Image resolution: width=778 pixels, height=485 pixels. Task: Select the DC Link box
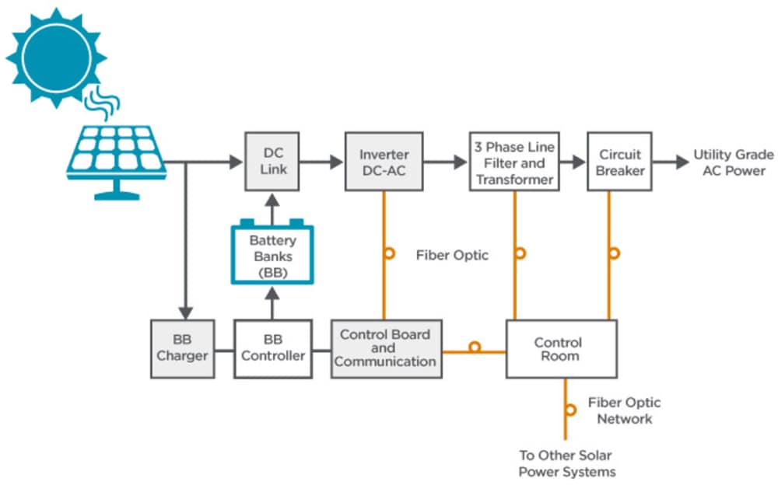pyautogui.click(x=272, y=162)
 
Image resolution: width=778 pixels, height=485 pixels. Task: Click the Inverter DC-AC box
pyautogui.click(x=384, y=162)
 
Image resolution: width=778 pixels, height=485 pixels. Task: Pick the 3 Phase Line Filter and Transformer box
pyautogui.click(x=514, y=162)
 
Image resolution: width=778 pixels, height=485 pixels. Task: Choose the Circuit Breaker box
pyautogui.click(x=619, y=162)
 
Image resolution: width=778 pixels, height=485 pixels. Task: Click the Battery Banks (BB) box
pyautogui.click(x=272, y=253)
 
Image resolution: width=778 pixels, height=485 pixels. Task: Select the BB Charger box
pyautogui.click(x=182, y=348)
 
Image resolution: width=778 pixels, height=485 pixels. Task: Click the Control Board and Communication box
pyautogui.click(x=386, y=348)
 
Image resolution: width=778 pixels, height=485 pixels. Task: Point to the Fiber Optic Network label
pyautogui.click(x=623, y=410)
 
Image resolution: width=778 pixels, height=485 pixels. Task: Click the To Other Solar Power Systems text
pyautogui.click(x=567, y=463)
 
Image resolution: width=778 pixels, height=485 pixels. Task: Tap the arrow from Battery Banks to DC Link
pyautogui.click(x=272, y=208)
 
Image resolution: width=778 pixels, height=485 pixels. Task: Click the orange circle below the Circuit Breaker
pyautogui.click(x=614, y=253)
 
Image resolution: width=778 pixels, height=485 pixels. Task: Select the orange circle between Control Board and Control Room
pyautogui.click(x=474, y=347)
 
